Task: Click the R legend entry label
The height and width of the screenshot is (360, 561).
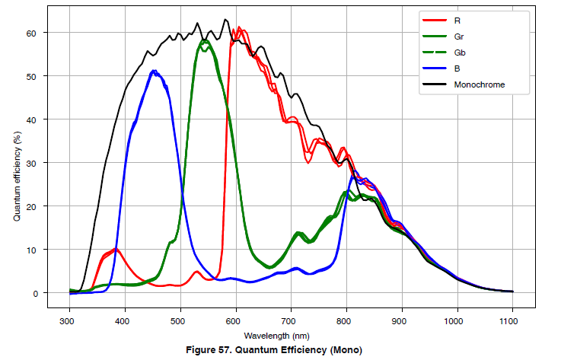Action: [x=457, y=20]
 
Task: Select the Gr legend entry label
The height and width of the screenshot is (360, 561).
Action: [x=458, y=36]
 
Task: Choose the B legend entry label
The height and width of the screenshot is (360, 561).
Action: [x=457, y=68]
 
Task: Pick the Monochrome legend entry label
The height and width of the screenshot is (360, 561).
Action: [x=480, y=84]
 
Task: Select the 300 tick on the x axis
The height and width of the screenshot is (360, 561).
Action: [x=69, y=320]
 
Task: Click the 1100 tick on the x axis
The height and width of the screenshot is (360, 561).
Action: [x=512, y=320]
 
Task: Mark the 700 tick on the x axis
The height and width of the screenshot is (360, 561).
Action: [x=291, y=320]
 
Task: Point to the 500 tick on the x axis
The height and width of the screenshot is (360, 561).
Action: [x=180, y=320]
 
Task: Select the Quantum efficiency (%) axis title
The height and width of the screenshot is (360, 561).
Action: [x=16, y=175]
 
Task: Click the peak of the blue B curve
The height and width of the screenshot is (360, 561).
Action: [x=154, y=72]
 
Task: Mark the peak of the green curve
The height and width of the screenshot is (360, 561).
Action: [x=203, y=40]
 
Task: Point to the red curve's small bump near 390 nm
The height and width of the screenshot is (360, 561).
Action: [x=115, y=249]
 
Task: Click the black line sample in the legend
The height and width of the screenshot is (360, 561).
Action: [x=432, y=84]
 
